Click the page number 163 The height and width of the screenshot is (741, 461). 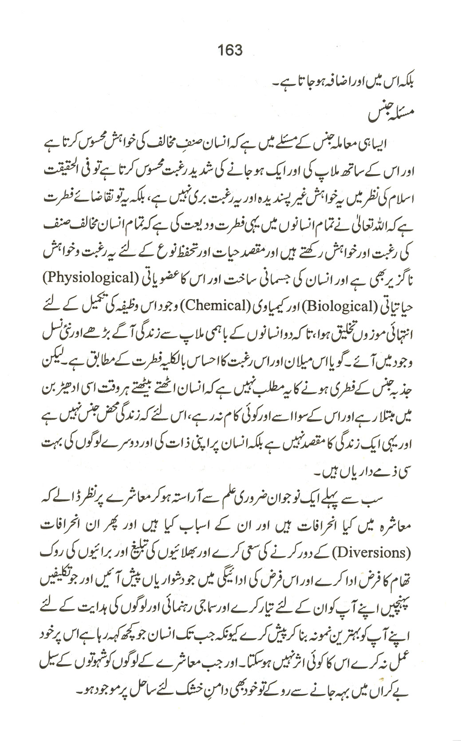230,50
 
